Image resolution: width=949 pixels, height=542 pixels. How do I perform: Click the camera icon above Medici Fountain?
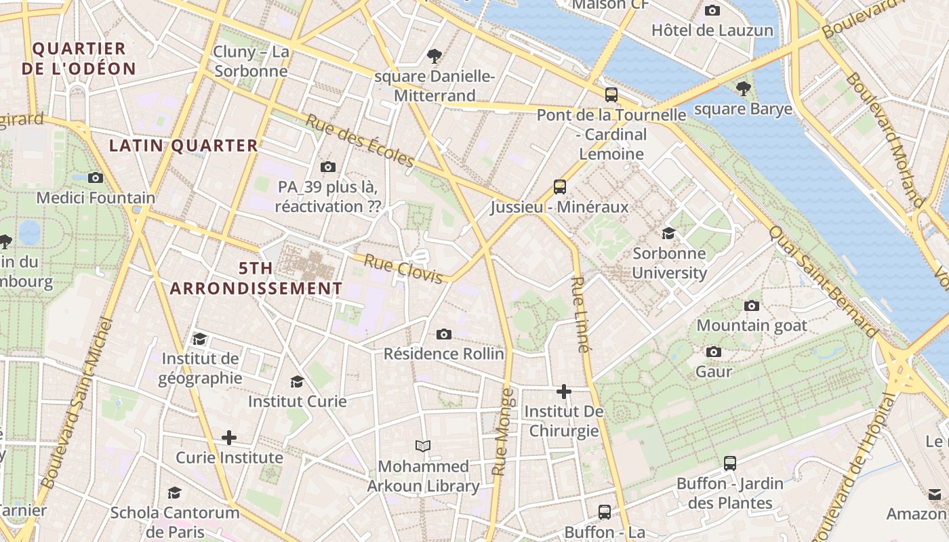(96, 178)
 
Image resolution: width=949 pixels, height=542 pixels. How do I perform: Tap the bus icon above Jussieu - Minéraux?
(560, 186)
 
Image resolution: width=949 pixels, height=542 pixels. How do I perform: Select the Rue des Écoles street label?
(359, 140)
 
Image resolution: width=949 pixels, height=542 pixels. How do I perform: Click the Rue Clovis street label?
(403, 268)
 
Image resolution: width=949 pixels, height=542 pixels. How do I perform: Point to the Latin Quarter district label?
(184, 146)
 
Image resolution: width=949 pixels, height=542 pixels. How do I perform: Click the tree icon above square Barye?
(744, 88)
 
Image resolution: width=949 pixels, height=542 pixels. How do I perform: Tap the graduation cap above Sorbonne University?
(669, 233)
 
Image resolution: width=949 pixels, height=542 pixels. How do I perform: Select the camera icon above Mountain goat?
(752, 306)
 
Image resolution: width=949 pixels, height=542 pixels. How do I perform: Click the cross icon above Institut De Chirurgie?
(564, 392)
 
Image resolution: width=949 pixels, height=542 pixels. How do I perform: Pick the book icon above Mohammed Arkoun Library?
(423, 446)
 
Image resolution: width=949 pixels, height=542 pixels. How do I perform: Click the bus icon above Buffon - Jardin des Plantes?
(730, 463)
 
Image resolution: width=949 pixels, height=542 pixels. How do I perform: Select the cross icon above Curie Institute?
(229, 438)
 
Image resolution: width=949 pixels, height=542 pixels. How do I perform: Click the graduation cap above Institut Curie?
(297, 381)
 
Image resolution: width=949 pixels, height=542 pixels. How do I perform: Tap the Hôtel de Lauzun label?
(712, 30)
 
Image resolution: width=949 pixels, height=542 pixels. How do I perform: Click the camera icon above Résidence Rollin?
(444, 334)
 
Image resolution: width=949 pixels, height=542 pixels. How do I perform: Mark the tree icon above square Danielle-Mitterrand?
(435, 56)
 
